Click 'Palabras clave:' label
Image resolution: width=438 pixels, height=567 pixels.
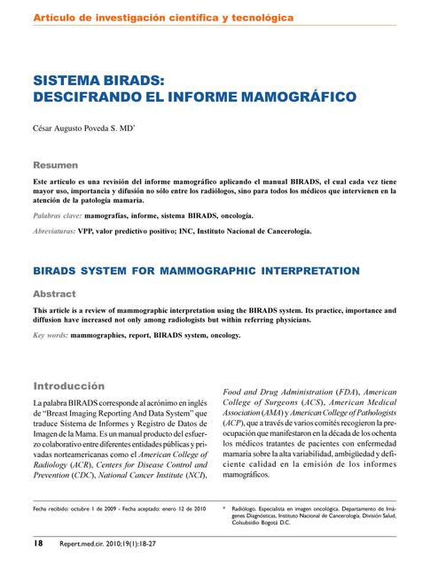[x=58, y=215]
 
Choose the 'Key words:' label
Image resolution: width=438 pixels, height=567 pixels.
[x=51, y=336]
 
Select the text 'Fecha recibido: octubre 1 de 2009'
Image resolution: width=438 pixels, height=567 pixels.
[x=79, y=509]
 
